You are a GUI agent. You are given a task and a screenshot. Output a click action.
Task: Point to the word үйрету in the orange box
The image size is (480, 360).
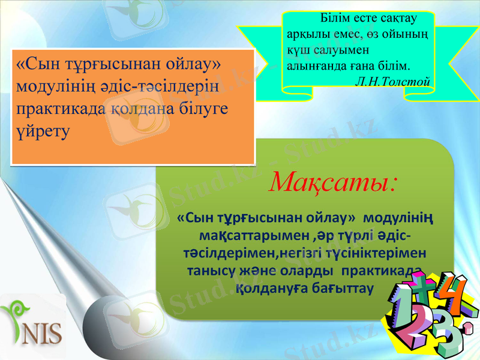click(43, 129)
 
